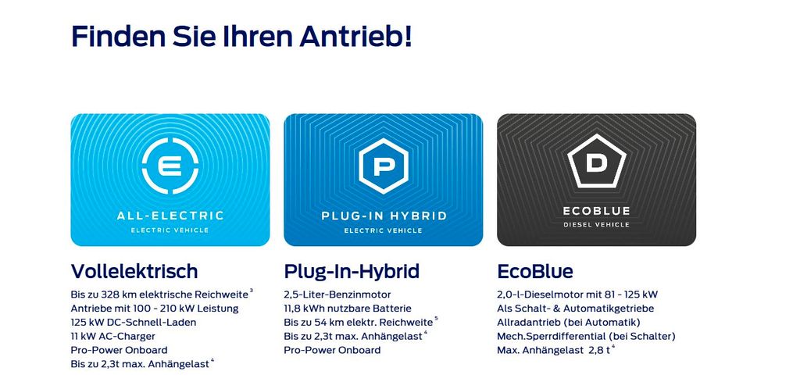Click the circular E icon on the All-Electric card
pos(170,166)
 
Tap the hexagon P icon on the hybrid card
pos(383,166)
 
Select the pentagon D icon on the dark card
pos(596,162)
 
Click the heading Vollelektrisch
pos(134,271)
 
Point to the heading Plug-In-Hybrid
pos(352,272)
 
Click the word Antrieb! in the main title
pos(355,36)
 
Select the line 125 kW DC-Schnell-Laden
pos(134,323)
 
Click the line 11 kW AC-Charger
pos(112,336)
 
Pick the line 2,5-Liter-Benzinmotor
pos(337,295)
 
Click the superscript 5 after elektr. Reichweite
pos(436,319)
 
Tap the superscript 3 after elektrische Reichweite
pos(251,291)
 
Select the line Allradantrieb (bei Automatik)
pos(569,323)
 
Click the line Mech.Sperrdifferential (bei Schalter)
pos(586,337)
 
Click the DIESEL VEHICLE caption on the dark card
pos(596,225)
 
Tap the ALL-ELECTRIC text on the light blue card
pos(170,216)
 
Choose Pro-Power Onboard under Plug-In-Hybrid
pos(332,351)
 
